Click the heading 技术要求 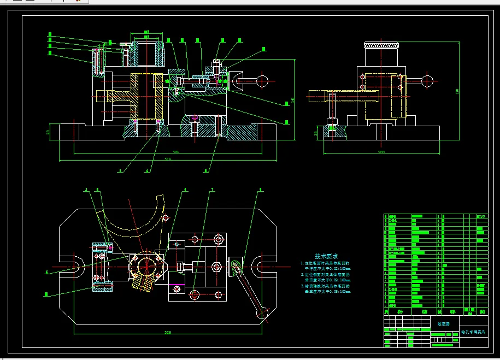[326, 256]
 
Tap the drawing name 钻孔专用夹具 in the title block [473, 331]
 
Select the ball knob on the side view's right [427, 81]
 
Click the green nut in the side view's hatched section [332, 130]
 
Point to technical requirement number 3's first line [326, 286]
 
